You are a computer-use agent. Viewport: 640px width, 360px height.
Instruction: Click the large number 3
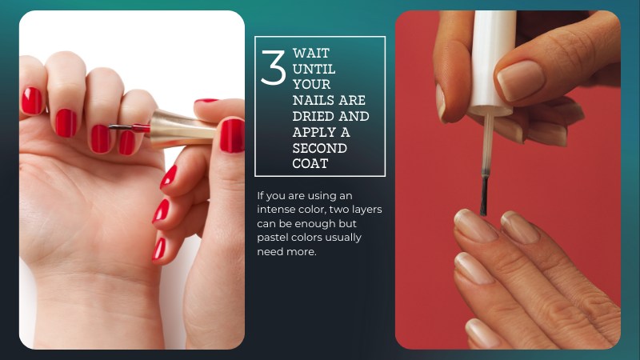273,68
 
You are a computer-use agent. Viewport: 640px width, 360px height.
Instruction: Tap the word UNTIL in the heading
314,69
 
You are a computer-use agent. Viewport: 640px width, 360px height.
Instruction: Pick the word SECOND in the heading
319,148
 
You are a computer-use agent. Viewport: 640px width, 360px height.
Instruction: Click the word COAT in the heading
310,164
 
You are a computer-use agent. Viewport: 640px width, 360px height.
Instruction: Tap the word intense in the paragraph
274,210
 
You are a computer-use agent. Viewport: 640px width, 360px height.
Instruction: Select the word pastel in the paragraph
270,238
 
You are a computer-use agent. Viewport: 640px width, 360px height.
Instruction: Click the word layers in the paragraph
366,210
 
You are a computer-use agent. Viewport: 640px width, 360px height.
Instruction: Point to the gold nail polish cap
182,129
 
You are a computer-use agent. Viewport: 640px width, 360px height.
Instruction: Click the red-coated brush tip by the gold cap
141,128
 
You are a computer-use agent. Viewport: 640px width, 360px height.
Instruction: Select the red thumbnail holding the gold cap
232,135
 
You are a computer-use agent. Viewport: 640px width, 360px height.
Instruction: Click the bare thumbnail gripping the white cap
521,80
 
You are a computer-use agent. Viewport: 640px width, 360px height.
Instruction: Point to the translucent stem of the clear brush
487,144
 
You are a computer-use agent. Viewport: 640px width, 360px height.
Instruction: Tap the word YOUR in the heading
311,85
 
